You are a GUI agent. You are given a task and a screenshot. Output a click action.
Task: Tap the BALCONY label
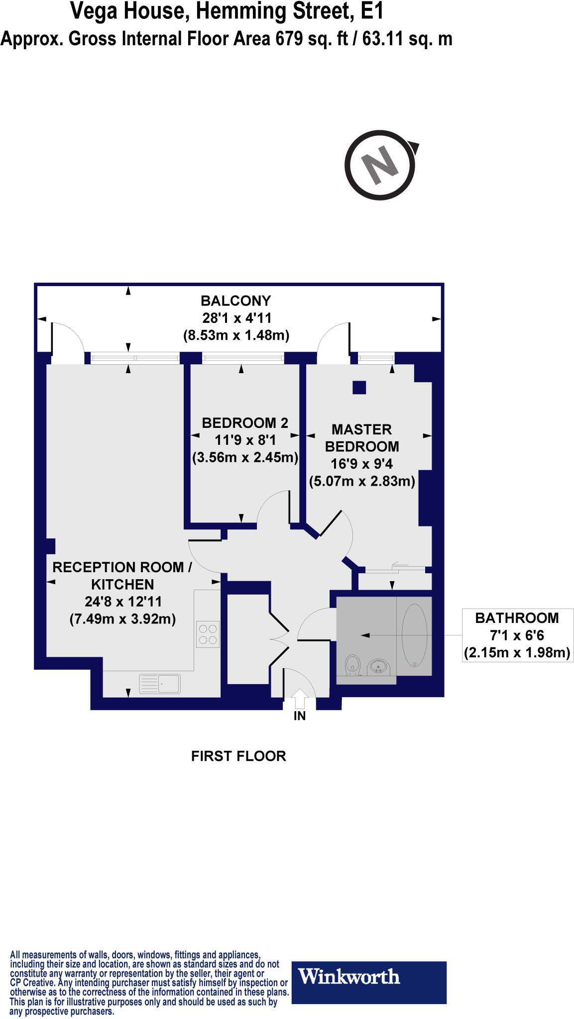coord(235,301)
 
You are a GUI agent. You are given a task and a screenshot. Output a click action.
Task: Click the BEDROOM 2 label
coord(244,423)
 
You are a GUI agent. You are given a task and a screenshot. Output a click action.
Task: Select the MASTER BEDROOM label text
coord(362,437)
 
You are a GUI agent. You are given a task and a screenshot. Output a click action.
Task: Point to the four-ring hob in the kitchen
coord(208,634)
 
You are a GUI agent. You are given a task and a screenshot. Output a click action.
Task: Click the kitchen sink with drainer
coord(160,684)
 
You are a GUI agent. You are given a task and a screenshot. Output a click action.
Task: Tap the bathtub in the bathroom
coord(414,634)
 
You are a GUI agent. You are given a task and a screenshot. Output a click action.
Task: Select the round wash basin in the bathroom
coord(379,666)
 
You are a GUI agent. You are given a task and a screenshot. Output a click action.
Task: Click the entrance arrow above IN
coord(300,698)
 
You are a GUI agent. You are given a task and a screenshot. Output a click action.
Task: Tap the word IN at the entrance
coord(300,716)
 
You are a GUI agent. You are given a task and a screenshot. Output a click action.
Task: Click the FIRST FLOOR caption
coord(238,756)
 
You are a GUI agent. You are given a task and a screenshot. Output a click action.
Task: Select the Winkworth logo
coord(368,977)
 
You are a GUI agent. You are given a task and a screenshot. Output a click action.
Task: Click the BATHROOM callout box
coord(517,635)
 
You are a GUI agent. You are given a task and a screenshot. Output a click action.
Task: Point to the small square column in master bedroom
coord(359,387)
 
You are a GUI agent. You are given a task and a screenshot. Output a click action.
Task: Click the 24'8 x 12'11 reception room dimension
coord(123,602)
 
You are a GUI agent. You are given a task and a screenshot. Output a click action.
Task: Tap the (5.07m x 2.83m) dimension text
coord(362,481)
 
